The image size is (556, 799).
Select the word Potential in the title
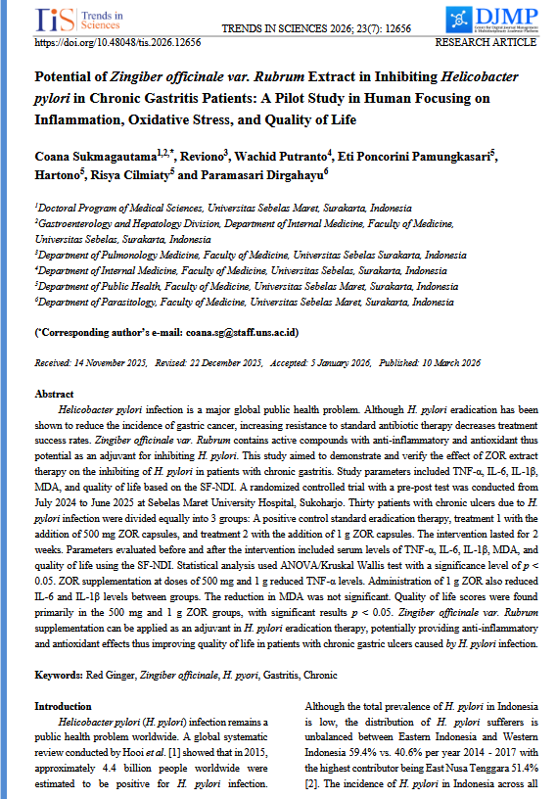pos(63,76)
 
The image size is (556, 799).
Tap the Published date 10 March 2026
pos(443,362)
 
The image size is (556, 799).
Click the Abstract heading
pos(54,394)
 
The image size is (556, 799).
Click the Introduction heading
pos(64,706)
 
